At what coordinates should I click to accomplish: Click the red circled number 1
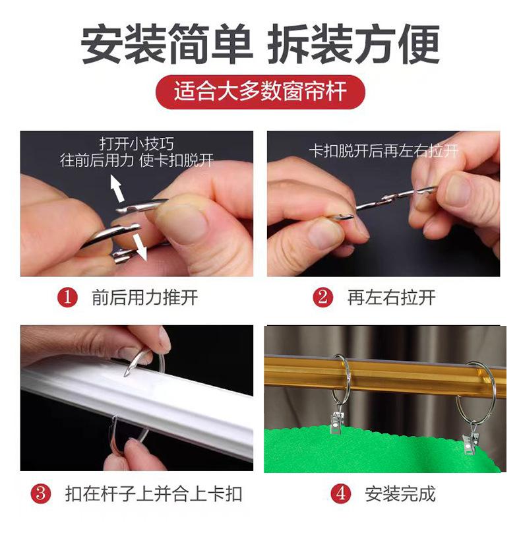click(x=67, y=297)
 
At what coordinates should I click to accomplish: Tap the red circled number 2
click(x=322, y=297)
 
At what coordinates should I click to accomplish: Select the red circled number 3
click(x=41, y=493)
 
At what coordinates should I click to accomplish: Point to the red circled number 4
click(x=341, y=493)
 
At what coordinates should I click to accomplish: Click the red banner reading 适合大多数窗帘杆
click(x=260, y=92)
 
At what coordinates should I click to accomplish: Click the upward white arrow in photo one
click(x=117, y=187)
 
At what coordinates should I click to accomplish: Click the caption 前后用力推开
click(x=144, y=297)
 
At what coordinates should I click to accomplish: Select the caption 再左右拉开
click(x=391, y=297)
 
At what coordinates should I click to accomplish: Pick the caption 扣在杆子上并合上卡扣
click(x=154, y=494)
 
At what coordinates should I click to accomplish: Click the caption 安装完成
click(x=400, y=494)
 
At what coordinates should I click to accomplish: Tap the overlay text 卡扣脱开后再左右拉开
click(x=384, y=150)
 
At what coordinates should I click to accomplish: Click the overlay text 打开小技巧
click(x=137, y=144)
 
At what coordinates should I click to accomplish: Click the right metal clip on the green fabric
click(x=469, y=442)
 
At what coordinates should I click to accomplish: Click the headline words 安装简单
click(x=167, y=44)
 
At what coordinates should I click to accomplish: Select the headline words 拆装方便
click(x=353, y=44)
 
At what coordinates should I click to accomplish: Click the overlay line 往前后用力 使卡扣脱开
click(x=137, y=160)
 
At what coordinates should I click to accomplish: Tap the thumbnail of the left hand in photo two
click(x=326, y=234)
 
